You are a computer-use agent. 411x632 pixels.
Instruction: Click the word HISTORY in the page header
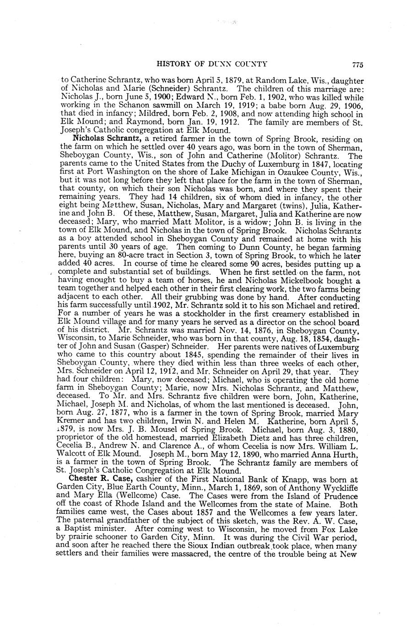[174, 64]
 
